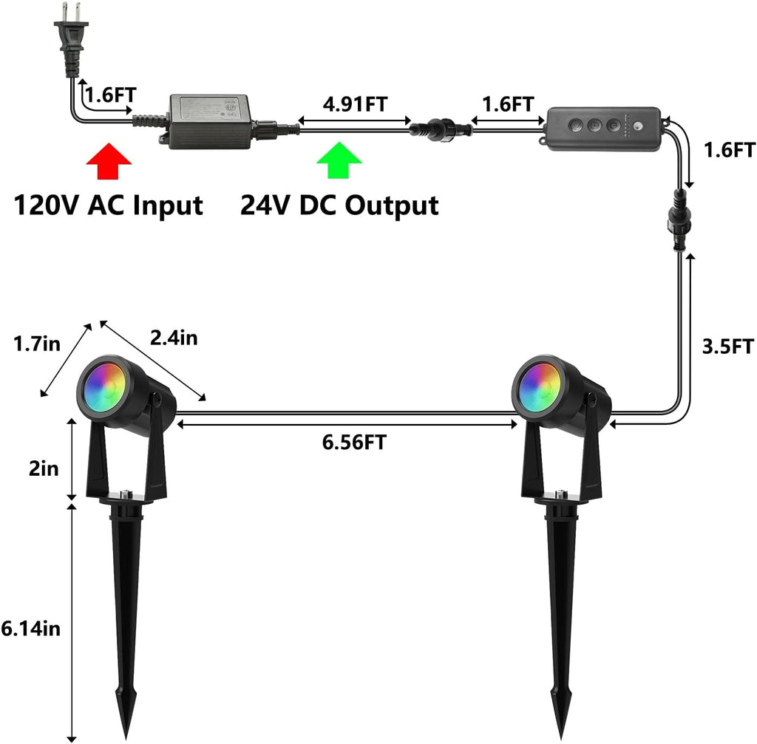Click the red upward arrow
tap(109, 161)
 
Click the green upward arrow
tap(339, 160)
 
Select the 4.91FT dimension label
tap(355, 103)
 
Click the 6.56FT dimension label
tap(354, 442)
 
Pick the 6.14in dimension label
tap(31, 628)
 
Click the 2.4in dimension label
tap(174, 338)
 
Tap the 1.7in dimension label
tap(37, 344)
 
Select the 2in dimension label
tap(44, 468)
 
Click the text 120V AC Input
tap(108, 205)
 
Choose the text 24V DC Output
tap(339, 205)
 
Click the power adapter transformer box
tap(209, 122)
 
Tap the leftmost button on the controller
tap(575, 126)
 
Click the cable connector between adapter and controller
tap(441, 129)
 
